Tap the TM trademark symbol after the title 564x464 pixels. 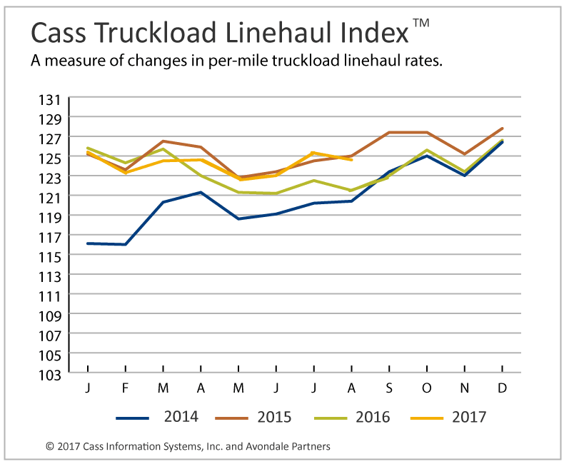[421, 23]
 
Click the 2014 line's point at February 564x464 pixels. [126, 244]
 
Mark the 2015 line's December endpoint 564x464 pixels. [503, 128]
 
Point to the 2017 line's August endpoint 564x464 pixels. [351, 160]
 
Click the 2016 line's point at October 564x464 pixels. [427, 150]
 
